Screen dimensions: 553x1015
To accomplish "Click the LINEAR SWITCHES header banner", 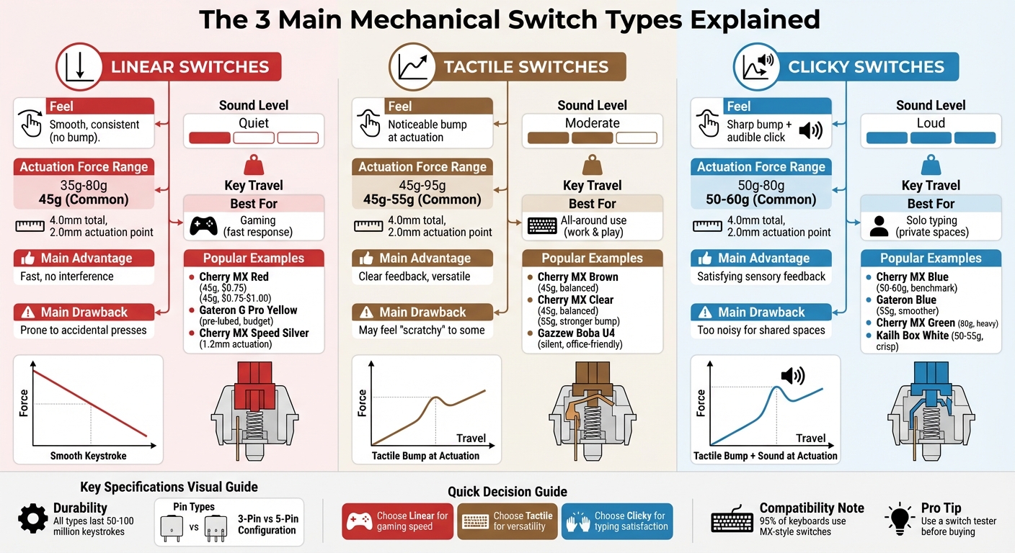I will click(189, 67).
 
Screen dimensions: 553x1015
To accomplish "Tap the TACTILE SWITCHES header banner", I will click(526, 67).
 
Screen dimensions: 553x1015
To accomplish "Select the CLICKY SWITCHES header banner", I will click(865, 67).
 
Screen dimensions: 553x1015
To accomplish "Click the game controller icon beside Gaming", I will click(203, 226).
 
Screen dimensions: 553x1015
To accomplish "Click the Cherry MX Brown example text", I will click(577, 277).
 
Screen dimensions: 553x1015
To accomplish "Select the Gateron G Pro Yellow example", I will click(248, 310).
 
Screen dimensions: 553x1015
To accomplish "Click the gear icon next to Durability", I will click(32, 518).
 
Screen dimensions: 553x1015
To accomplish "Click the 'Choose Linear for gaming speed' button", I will click(397, 521).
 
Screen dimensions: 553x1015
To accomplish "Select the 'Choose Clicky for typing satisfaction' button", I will click(617, 521).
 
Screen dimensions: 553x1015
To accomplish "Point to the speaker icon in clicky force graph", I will click(793, 375).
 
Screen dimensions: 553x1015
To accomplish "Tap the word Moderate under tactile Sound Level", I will click(592, 123).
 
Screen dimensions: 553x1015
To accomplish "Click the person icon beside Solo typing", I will click(879, 226).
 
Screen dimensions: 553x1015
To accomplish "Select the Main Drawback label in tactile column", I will click(422, 313).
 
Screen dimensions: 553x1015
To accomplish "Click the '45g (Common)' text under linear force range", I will click(84, 199).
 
